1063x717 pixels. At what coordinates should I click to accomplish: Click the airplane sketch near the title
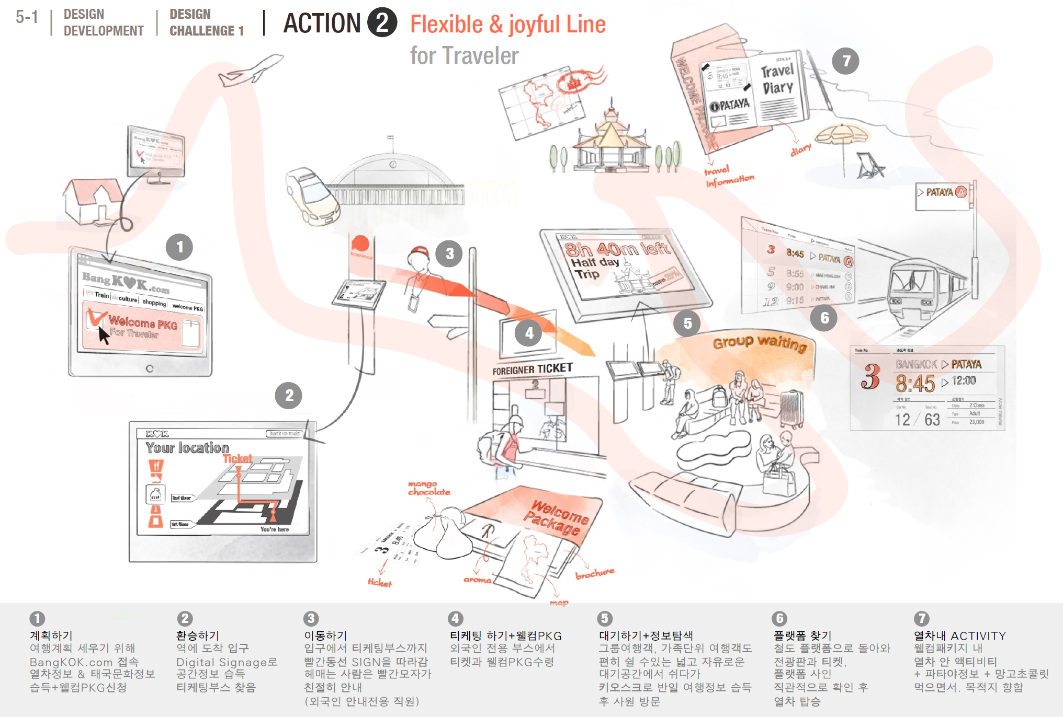(x=250, y=71)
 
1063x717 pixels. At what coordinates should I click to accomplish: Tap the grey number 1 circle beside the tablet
(x=179, y=247)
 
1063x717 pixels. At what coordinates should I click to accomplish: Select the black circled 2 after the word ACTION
(x=382, y=23)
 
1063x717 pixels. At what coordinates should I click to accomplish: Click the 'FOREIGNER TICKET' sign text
(x=533, y=369)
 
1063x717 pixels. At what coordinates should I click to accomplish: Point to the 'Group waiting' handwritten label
(x=760, y=342)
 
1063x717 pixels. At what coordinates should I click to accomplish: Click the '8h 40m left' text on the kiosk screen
(x=617, y=248)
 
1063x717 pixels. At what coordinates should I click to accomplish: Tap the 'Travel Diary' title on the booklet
(x=777, y=79)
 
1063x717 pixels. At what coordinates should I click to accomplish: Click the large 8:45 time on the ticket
(x=915, y=383)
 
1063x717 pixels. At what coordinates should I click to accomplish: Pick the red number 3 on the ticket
(x=870, y=376)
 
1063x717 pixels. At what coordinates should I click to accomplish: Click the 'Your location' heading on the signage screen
(x=187, y=448)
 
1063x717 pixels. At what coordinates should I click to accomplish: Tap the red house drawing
(x=93, y=199)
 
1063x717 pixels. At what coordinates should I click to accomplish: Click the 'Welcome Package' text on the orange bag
(x=557, y=517)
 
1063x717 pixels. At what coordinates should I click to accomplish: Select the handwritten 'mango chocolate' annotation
(x=429, y=488)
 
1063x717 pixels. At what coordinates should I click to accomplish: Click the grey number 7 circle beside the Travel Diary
(x=846, y=61)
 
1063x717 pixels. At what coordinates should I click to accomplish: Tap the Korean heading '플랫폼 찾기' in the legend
(x=802, y=635)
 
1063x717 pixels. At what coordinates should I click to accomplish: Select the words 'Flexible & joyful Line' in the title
(x=507, y=24)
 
